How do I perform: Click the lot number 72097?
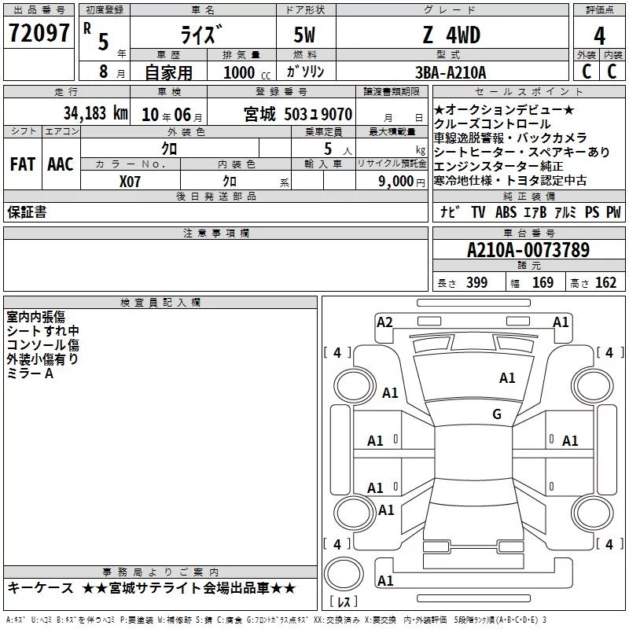point(39,33)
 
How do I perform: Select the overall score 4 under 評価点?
point(599,36)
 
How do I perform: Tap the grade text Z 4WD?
point(451,35)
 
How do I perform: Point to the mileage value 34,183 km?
point(96,113)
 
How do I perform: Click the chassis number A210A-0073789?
point(528,250)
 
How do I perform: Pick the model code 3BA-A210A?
point(451,72)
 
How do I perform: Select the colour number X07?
point(130,182)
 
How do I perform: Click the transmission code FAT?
point(23,164)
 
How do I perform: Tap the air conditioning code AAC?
point(61,164)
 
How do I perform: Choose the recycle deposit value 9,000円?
point(402,182)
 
